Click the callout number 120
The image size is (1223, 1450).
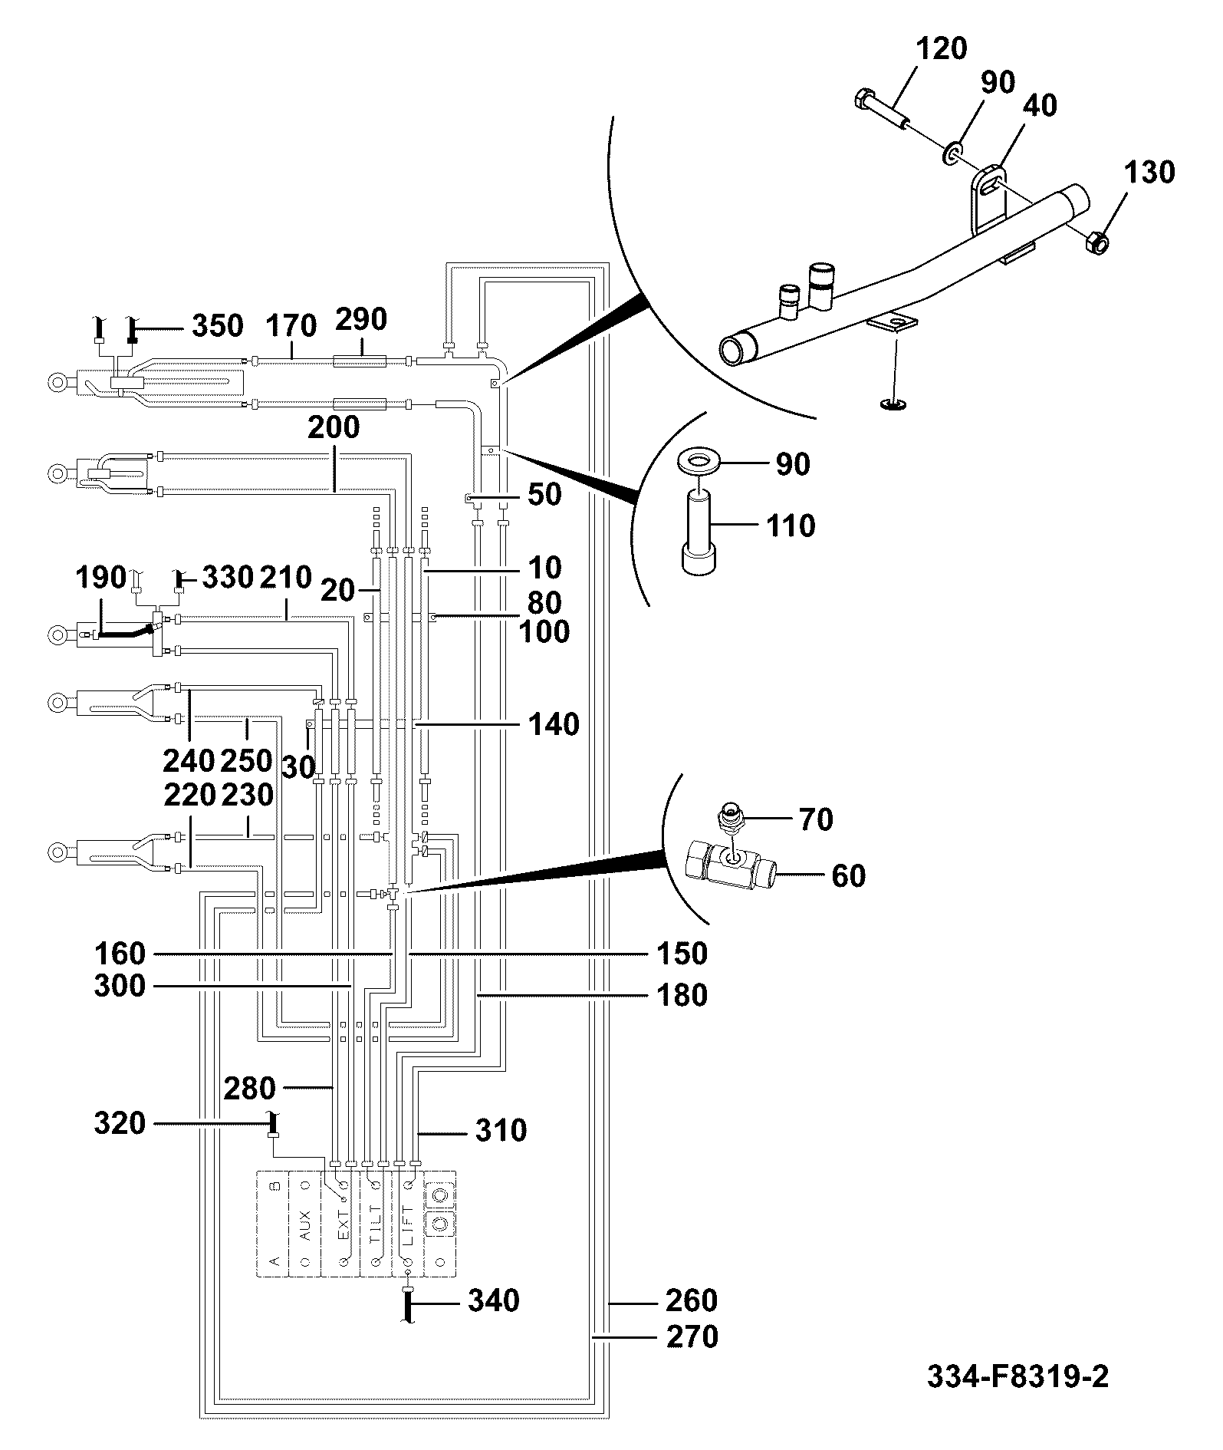[x=942, y=49]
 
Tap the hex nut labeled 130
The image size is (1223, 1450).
[x=1097, y=243]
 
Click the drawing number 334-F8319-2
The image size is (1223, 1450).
[x=1018, y=1376]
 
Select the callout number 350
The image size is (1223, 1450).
[x=218, y=326]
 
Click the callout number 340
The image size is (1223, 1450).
[x=494, y=1301]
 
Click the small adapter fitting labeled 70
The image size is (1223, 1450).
[x=732, y=819]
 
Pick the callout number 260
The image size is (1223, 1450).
[x=692, y=1301]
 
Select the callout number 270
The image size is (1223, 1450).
[x=692, y=1337]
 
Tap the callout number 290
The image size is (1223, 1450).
[x=361, y=319]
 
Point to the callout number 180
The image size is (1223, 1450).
[x=682, y=995]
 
